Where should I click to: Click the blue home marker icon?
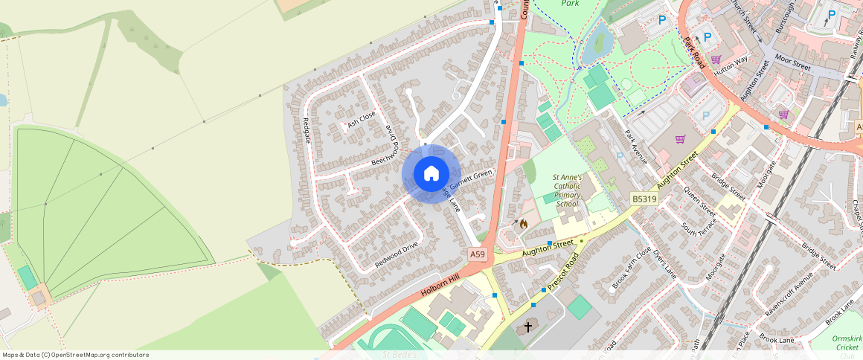431,174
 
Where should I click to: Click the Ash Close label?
362,120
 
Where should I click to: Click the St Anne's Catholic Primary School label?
567,190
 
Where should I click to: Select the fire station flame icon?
523,223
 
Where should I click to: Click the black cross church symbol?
529,326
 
